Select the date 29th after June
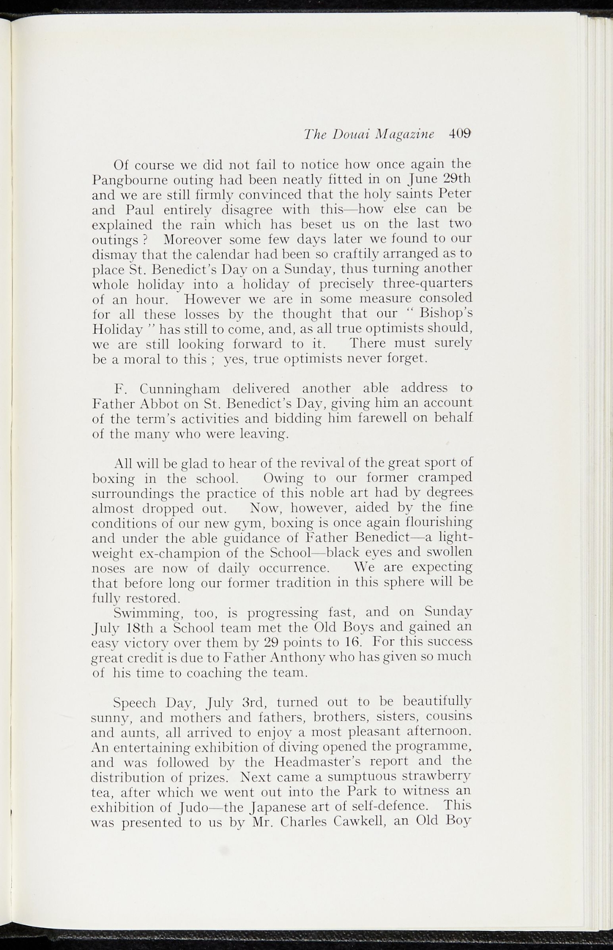click(455, 179)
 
